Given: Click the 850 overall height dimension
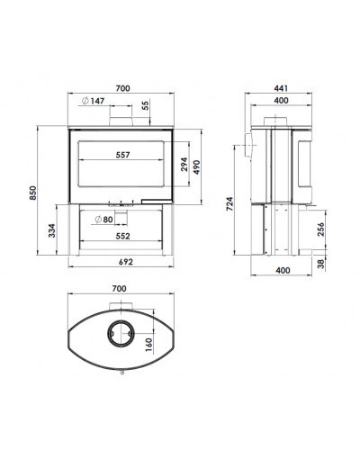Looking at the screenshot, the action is click(33, 193).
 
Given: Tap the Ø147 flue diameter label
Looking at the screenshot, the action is click(94, 101).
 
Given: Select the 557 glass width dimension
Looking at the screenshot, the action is click(122, 155).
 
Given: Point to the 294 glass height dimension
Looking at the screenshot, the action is click(184, 164).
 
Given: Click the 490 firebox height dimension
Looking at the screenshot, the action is click(196, 167).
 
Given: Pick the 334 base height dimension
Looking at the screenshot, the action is click(52, 230).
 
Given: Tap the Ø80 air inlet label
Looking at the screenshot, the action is click(103, 220).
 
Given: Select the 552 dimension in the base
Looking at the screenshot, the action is click(123, 236).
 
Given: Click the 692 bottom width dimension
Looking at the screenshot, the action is click(126, 262).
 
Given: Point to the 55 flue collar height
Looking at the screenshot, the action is click(145, 105).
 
